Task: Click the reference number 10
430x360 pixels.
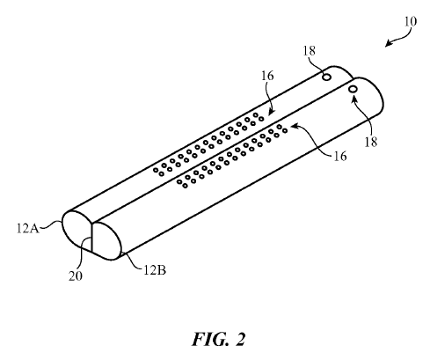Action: tap(410, 21)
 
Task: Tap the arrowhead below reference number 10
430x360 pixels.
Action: tap(388, 44)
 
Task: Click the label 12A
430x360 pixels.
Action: tap(28, 228)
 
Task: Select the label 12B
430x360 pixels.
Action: tap(155, 269)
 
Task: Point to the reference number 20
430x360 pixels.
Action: tap(76, 276)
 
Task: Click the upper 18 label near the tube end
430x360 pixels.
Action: tap(309, 51)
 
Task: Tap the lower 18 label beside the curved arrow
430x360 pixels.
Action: tap(370, 142)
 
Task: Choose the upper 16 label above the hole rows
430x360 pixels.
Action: tap(267, 76)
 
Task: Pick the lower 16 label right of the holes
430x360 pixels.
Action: tap(340, 156)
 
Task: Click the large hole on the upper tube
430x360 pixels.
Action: tap(327, 77)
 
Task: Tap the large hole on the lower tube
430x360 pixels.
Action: tap(353, 89)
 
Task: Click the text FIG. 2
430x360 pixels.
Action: tap(218, 339)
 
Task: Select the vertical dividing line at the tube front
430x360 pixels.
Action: tap(92, 238)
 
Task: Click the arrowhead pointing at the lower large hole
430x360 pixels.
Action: tap(354, 99)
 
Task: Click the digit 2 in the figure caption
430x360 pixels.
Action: tap(240, 340)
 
